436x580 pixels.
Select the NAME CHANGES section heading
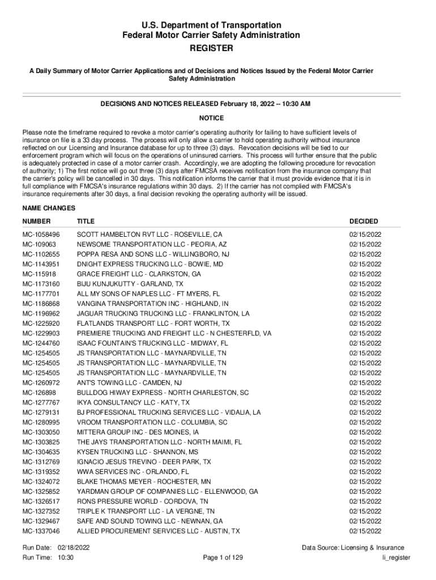pyautogui.click(x=49, y=208)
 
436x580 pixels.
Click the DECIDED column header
pyautogui.click(x=364, y=221)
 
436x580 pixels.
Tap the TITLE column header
pyautogui.click(x=86, y=221)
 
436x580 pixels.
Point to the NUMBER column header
pyautogui.click(x=36, y=221)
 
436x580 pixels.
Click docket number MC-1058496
pyautogui.click(x=41, y=234)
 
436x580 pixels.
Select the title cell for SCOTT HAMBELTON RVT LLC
pyautogui.click(x=149, y=234)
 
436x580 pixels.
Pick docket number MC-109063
pyautogui.click(x=39, y=244)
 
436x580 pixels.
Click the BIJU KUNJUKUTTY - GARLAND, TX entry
pyautogui.click(x=130, y=284)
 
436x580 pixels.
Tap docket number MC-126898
pyautogui.click(x=39, y=393)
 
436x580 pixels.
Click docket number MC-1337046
pyautogui.click(x=41, y=531)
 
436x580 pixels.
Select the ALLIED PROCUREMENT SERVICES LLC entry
pyautogui.click(x=158, y=531)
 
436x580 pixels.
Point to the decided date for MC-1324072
pyautogui.click(x=365, y=482)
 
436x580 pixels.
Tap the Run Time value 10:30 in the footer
pyautogui.click(x=66, y=558)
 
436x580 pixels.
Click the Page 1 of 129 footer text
pyautogui.click(x=223, y=558)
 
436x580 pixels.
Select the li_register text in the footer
pyautogui.click(x=396, y=558)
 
